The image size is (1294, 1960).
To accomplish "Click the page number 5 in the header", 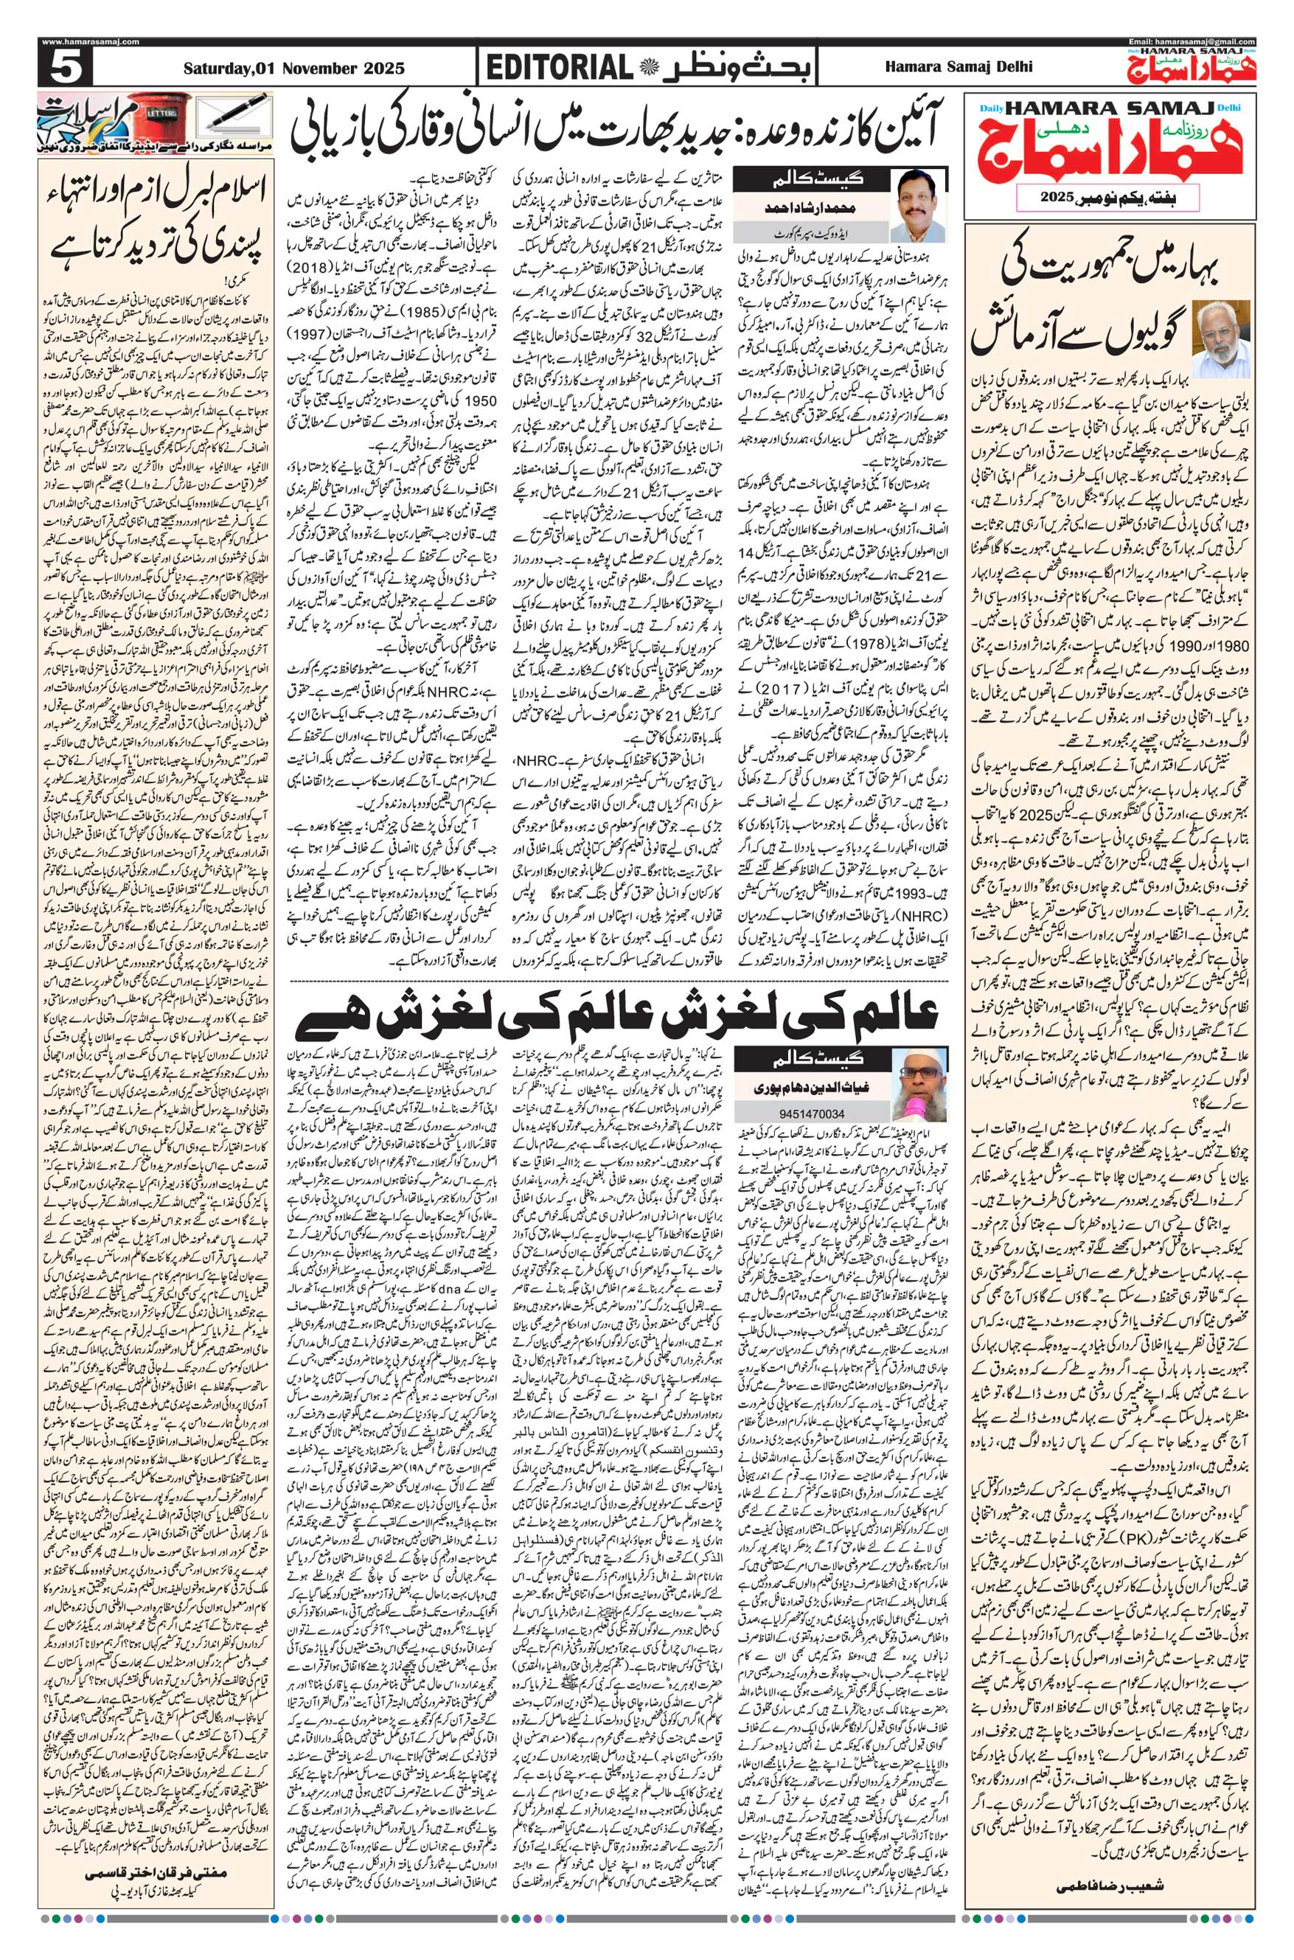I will [62, 67].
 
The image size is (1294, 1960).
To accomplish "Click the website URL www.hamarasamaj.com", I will [90, 42].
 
